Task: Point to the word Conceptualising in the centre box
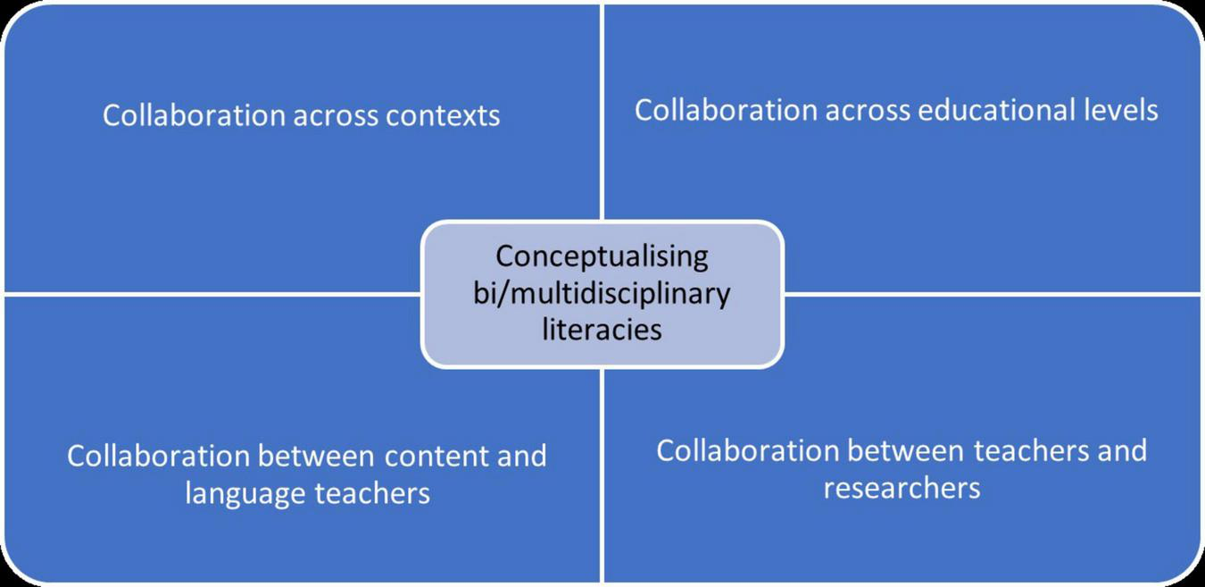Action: pyautogui.click(x=602, y=256)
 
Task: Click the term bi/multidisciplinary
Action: pyautogui.click(x=602, y=293)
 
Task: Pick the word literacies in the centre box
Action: pyautogui.click(x=602, y=329)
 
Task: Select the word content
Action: pyautogui.click(x=432, y=456)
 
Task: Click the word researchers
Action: pyautogui.click(x=902, y=488)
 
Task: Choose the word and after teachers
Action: pyautogui.click(x=1120, y=450)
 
